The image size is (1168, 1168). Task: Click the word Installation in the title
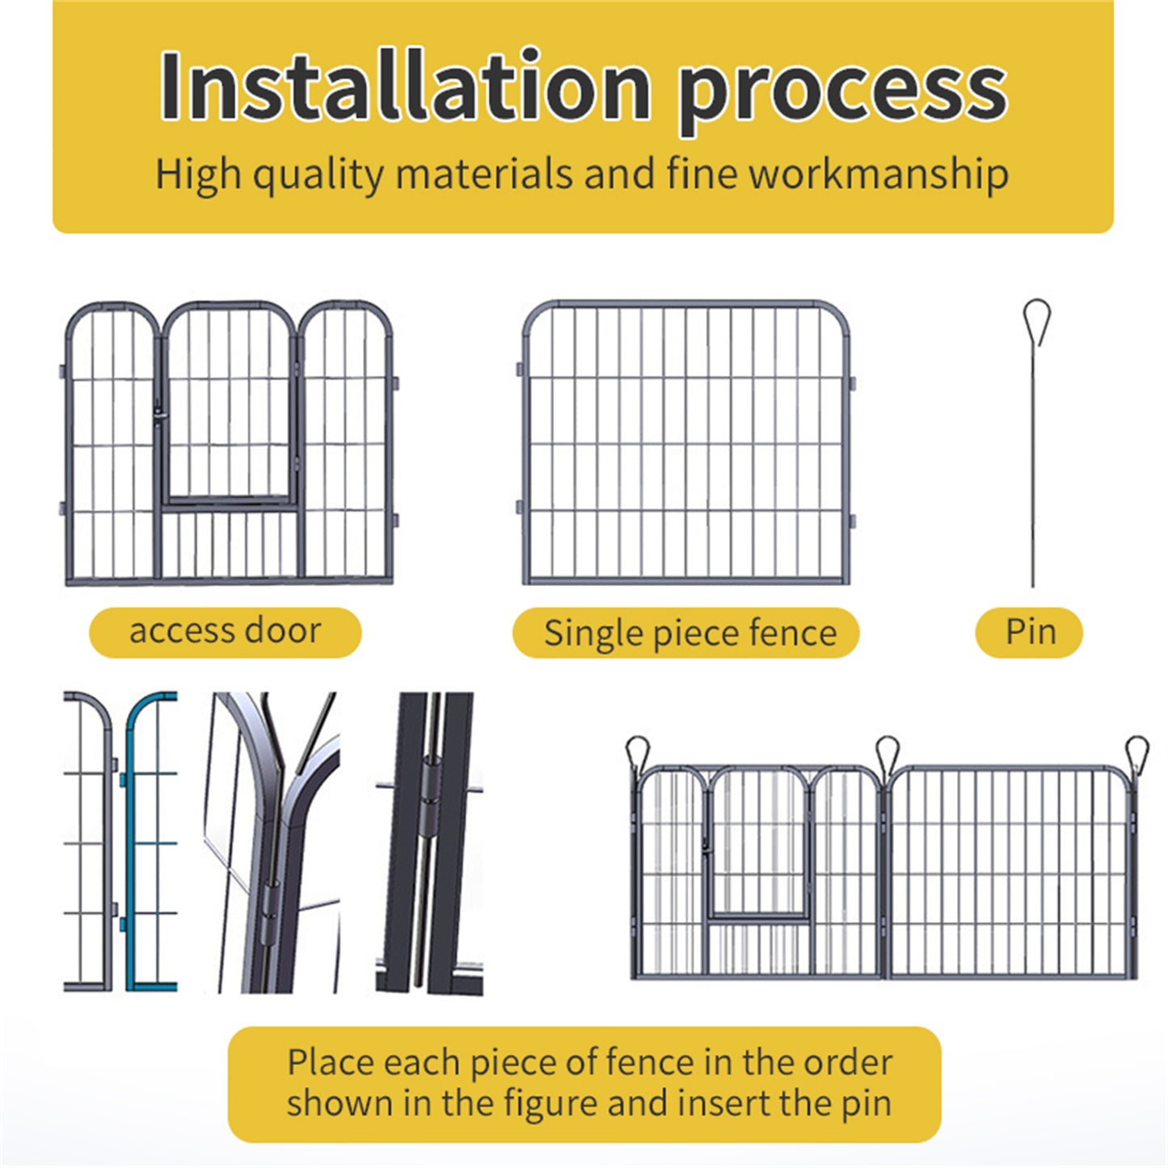coord(404,87)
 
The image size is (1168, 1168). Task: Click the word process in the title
coord(842,91)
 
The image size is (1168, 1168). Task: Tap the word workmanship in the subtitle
coord(878,174)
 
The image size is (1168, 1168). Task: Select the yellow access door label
coord(225,632)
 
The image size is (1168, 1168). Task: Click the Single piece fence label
coord(686,633)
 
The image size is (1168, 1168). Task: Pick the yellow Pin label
coord(1029,632)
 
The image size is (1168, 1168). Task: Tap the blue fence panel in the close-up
coord(150,841)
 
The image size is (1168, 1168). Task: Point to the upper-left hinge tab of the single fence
coord(520,369)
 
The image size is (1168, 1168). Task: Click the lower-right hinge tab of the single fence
coord(853,521)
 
